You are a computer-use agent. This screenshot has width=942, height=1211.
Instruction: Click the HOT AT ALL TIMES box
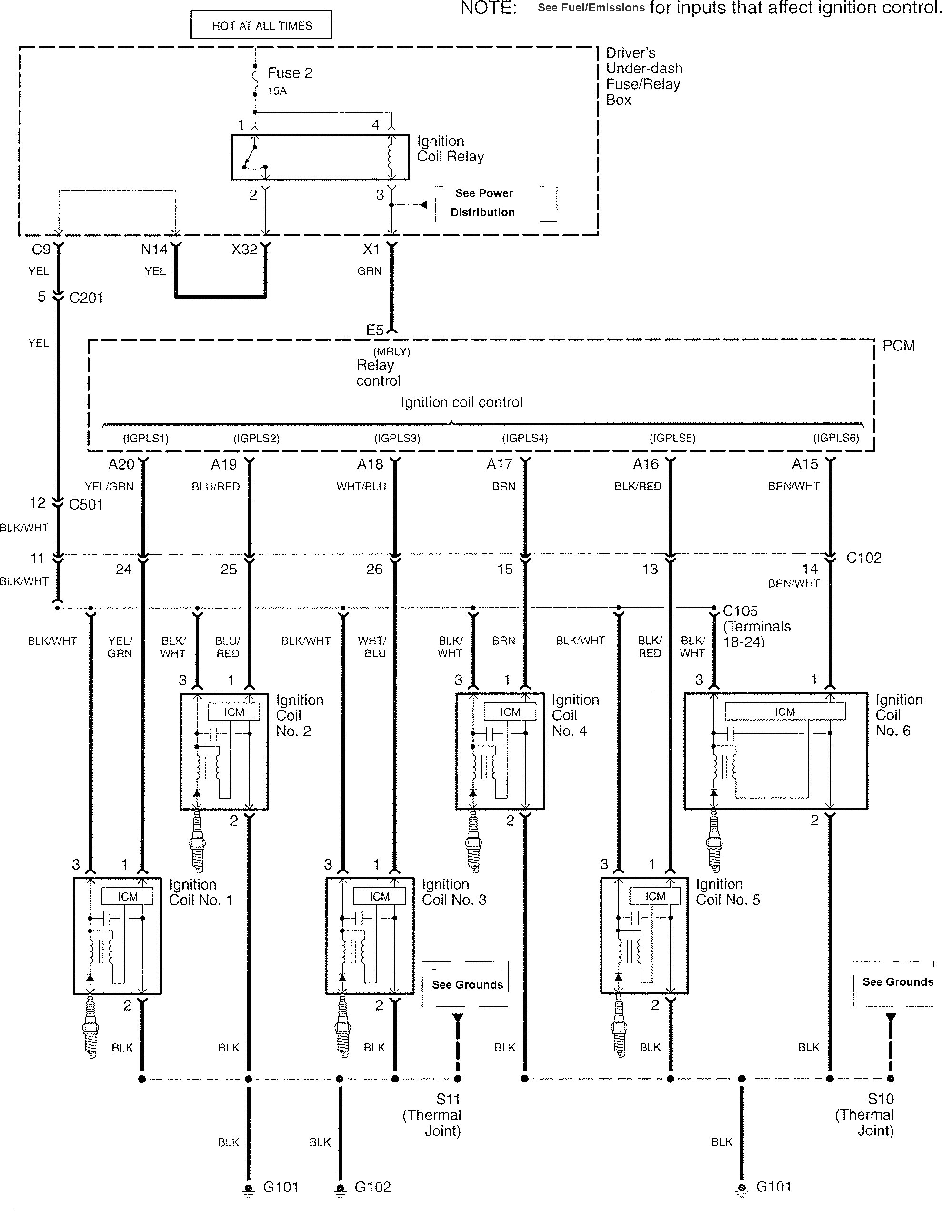[x=261, y=25]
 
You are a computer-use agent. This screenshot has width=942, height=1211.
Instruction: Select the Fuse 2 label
[x=290, y=73]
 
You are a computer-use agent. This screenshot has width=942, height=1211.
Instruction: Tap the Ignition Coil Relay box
[x=320, y=157]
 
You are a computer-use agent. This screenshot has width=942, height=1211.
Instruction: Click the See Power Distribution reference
[x=483, y=202]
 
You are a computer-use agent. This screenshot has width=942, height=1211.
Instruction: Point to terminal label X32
[x=244, y=250]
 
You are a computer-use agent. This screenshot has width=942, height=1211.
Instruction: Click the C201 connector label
[x=87, y=298]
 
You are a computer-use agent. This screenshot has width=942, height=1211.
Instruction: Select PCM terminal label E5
[x=375, y=330]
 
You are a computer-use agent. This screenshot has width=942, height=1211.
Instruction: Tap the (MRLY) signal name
[x=391, y=351]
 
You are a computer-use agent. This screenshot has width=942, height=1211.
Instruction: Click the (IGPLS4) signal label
[x=524, y=438]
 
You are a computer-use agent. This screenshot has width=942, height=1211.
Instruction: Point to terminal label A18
[x=370, y=464]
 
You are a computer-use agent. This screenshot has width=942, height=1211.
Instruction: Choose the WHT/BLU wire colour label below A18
[x=361, y=486]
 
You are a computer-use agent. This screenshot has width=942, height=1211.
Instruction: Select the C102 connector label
[x=864, y=558]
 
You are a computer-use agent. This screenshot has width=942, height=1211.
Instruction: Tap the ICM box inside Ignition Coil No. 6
[x=785, y=711]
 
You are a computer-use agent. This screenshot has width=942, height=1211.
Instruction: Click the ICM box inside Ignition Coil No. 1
[x=127, y=897]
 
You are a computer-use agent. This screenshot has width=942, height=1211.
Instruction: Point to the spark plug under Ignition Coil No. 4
[x=473, y=842]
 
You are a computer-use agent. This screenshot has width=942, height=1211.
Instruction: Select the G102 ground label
[x=372, y=1187]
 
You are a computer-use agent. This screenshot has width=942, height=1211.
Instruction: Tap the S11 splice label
[x=448, y=1099]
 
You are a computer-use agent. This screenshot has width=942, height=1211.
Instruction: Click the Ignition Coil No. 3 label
[x=453, y=892]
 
